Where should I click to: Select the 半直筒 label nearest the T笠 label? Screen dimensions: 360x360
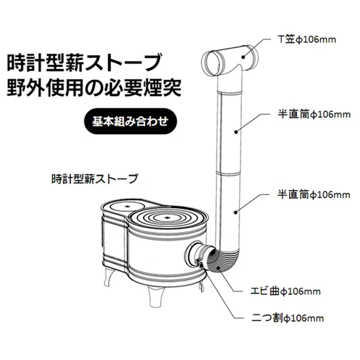pyautogui.click(x=314, y=114)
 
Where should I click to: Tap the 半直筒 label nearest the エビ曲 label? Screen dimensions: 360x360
pyautogui.click(x=314, y=194)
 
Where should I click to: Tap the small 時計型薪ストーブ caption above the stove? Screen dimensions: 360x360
pyautogui.click(x=94, y=179)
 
